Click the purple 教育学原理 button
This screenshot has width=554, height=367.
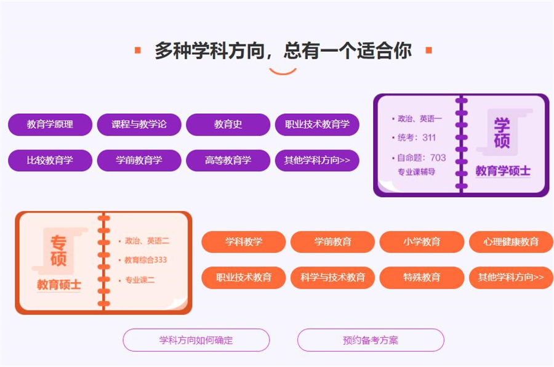[50, 124]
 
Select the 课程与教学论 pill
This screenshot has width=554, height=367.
[139, 124]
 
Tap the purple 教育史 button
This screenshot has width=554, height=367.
[228, 124]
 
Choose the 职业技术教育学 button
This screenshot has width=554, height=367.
[317, 124]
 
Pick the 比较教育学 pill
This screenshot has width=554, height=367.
[50, 160]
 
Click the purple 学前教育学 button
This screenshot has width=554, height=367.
[139, 160]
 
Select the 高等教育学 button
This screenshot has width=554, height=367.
[228, 160]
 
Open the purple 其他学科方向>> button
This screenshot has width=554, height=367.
[317, 160]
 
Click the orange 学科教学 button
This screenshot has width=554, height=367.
[244, 241]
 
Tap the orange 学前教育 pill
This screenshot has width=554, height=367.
[332, 241]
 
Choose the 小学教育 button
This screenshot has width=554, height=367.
[422, 241]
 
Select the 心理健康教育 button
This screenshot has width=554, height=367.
[511, 241]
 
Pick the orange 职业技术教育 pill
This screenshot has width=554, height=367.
[244, 277]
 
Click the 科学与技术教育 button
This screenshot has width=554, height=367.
[332, 277]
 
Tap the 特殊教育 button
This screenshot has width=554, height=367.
[422, 277]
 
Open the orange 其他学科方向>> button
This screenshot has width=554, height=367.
[511, 277]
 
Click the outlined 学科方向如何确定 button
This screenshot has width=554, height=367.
[196, 340]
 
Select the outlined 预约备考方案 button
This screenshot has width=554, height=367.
[371, 340]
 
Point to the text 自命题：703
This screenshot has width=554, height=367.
[422, 158]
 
